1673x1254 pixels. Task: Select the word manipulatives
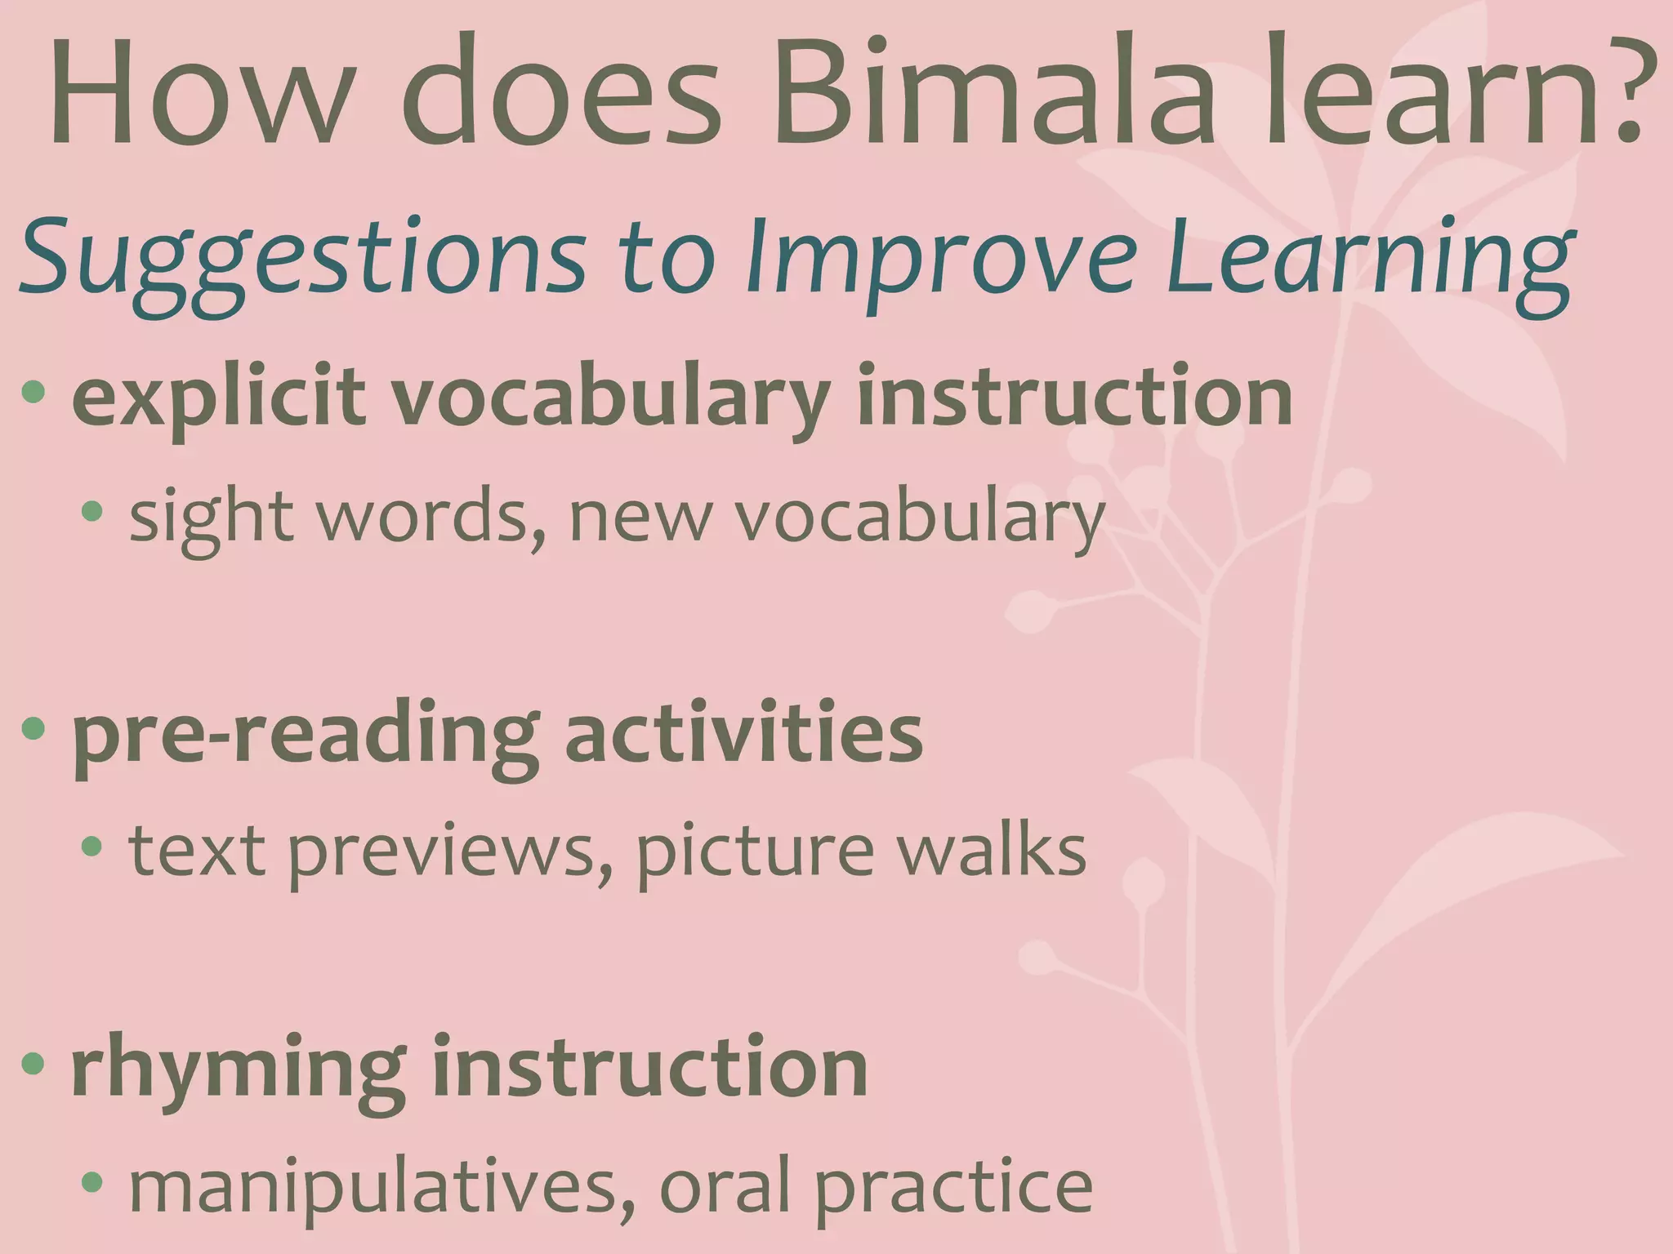tap(373, 1188)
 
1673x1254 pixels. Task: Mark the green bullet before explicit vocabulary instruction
tap(33, 393)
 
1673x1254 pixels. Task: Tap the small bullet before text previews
tap(92, 847)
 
